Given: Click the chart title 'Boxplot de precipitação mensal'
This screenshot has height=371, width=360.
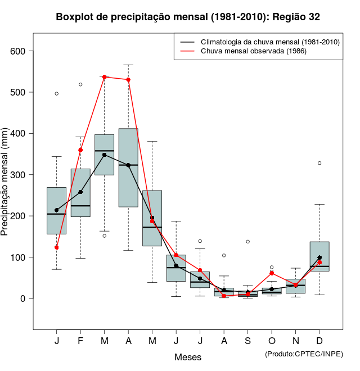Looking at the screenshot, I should (188, 17).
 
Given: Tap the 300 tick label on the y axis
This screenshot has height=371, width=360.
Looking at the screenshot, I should (19, 175).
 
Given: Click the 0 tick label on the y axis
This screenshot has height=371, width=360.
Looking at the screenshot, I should (23, 298).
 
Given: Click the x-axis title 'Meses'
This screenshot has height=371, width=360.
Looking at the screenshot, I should (188, 357).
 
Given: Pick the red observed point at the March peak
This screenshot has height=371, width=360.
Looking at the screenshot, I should (105, 77).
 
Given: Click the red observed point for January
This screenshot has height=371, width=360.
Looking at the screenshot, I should (57, 247).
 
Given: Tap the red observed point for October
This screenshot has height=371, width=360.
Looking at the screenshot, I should (272, 273).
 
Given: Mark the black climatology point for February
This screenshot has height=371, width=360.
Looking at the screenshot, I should (81, 192).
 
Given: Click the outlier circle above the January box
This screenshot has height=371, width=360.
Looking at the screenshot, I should (57, 93).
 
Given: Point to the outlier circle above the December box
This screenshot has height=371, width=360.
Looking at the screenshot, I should (319, 163).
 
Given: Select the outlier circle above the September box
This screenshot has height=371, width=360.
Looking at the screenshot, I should (247, 242).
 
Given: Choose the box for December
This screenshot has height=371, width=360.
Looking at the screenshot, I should (319, 256).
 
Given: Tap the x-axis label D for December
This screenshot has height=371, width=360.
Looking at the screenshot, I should (319, 341).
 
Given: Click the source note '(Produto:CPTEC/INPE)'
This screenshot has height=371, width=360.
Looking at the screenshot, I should (304, 354).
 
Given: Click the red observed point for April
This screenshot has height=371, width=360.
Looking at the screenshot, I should (128, 80).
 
